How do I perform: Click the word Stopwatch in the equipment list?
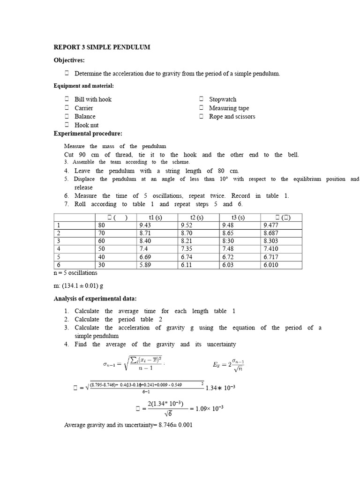[x=223, y=99]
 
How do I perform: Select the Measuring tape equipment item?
[x=229, y=108]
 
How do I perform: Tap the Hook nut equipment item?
[x=86, y=125]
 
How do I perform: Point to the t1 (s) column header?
[x=157, y=217]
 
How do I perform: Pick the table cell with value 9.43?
[x=146, y=225]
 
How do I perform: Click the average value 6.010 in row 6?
[x=271, y=265]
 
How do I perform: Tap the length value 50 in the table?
[x=102, y=249]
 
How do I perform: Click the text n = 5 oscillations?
[x=75, y=273]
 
